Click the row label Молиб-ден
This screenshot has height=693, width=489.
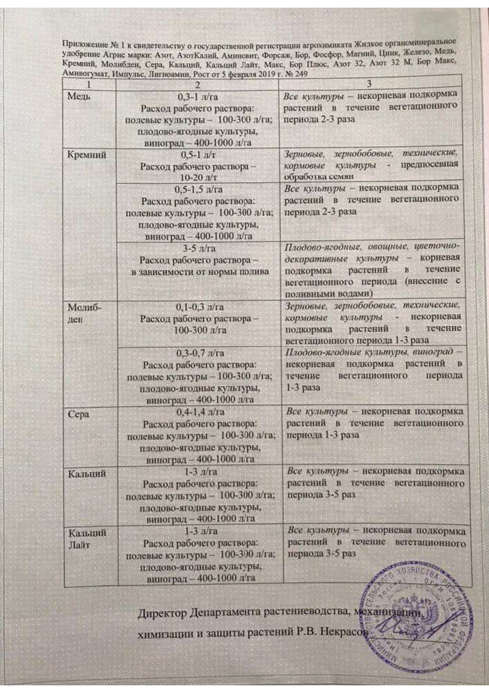(x=79, y=311)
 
